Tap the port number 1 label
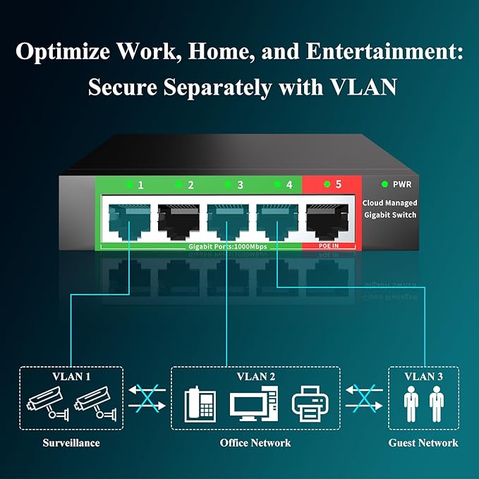coord(140,185)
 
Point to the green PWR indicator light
coord(384,185)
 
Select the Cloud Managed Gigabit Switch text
coord(390,209)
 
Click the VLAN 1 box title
coord(71,376)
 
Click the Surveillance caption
coord(71,443)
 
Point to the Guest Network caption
coord(423,443)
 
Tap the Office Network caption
coord(256,443)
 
